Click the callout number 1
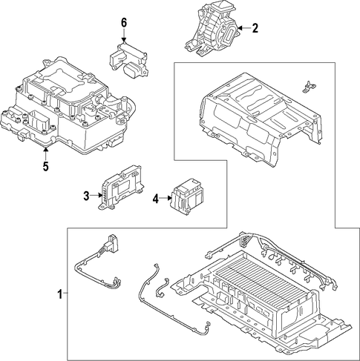coord(59,294)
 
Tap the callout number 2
coord(255,28)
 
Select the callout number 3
coord(86,196)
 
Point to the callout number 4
coord(156,199)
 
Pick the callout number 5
coord(46,166)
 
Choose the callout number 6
coord(124,23)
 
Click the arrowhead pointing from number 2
coord(240,28)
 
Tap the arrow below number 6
coord(124,36)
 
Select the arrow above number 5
coord(45,153)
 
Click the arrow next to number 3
coord(96,196)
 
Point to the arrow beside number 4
coord(166,198)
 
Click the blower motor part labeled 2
coord(212,29)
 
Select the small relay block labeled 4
coord(186,196)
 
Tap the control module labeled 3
coord(122,188)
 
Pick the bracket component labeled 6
coord(128,60)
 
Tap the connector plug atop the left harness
coord(113,243)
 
